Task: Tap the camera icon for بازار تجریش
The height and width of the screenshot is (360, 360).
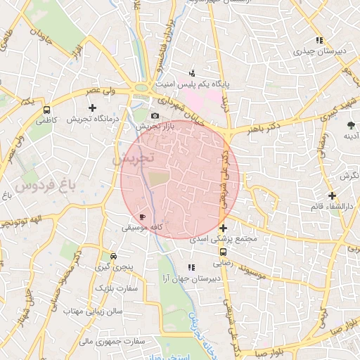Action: pos(155,115)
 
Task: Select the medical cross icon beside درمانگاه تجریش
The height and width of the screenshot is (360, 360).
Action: pos(92,108)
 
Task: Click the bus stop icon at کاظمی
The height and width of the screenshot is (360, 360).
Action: pos(46,110)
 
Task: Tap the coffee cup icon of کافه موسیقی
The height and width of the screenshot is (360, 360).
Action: pos(143,217)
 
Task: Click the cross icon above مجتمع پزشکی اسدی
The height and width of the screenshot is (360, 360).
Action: pos(223,228)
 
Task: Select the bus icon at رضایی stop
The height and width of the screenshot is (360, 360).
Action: pos(223,251)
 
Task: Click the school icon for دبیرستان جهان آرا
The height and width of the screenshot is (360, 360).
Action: pos(191,267)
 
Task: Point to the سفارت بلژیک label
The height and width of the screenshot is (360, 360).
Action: pos(114,289)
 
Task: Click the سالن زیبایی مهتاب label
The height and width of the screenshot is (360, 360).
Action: pos(94,310)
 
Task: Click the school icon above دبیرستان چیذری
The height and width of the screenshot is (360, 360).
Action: pos(319,40)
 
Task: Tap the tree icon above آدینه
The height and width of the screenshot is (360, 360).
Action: pos(350,125)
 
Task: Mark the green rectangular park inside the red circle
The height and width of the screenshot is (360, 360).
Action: pos(159,179)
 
